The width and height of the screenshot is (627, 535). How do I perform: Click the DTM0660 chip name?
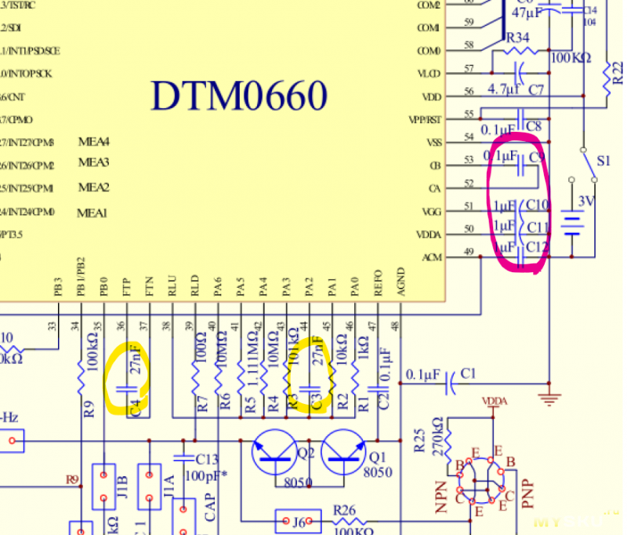click(239, 96)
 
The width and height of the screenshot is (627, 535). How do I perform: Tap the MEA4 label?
click(93, 142)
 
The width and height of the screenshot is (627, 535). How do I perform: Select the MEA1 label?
click(92, 213)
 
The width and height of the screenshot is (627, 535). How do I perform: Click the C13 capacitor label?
click(208, 458)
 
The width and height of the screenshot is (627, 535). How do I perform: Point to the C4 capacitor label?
click(136, 406)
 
